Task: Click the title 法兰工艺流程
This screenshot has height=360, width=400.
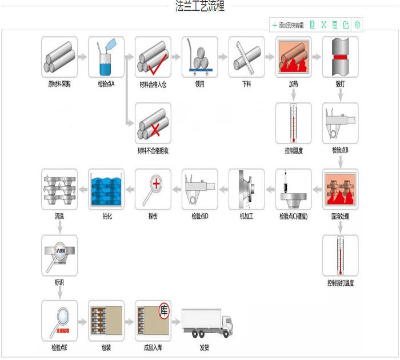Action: pos(200,6)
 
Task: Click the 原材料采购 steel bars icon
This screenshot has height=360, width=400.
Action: pos(59,57)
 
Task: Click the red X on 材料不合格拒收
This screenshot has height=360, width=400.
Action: pos(154,131)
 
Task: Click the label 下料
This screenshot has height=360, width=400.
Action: pos(246,84)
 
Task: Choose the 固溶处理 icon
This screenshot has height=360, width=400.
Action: pos(340,189)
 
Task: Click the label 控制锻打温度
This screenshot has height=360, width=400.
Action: pos(341,283)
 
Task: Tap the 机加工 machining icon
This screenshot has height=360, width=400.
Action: pos(246,189)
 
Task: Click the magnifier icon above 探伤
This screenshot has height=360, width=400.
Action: pos(153,189)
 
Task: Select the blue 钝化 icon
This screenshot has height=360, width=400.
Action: pos(106,189)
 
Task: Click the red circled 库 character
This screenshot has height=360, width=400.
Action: pos(164,310)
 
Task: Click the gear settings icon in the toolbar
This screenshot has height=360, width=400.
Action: pos(358,25)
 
